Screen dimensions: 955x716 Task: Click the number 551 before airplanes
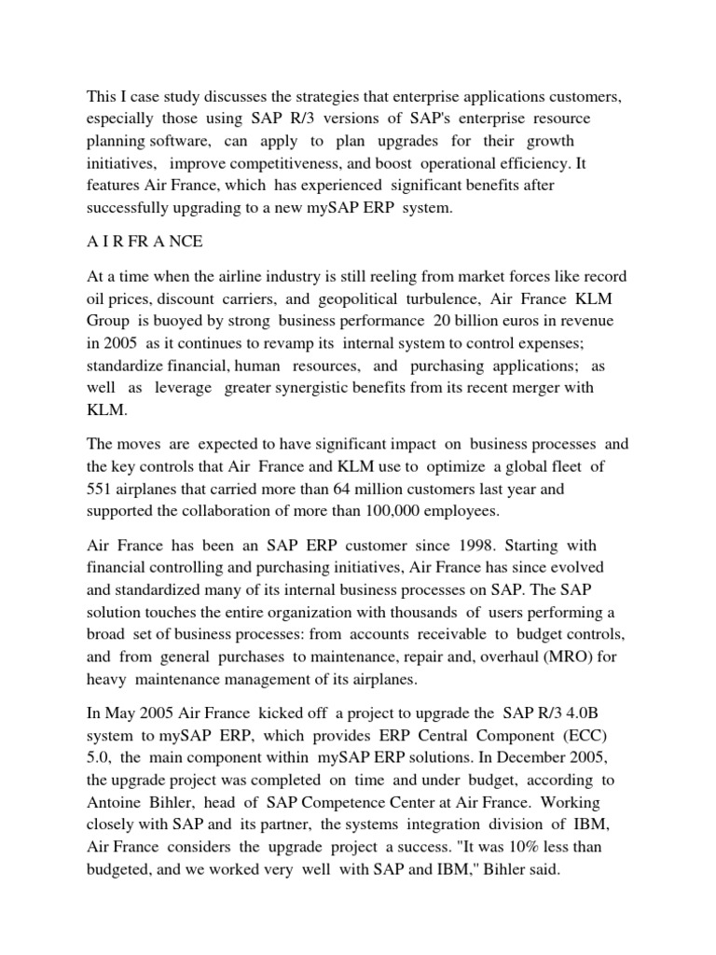click(102, 488)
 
